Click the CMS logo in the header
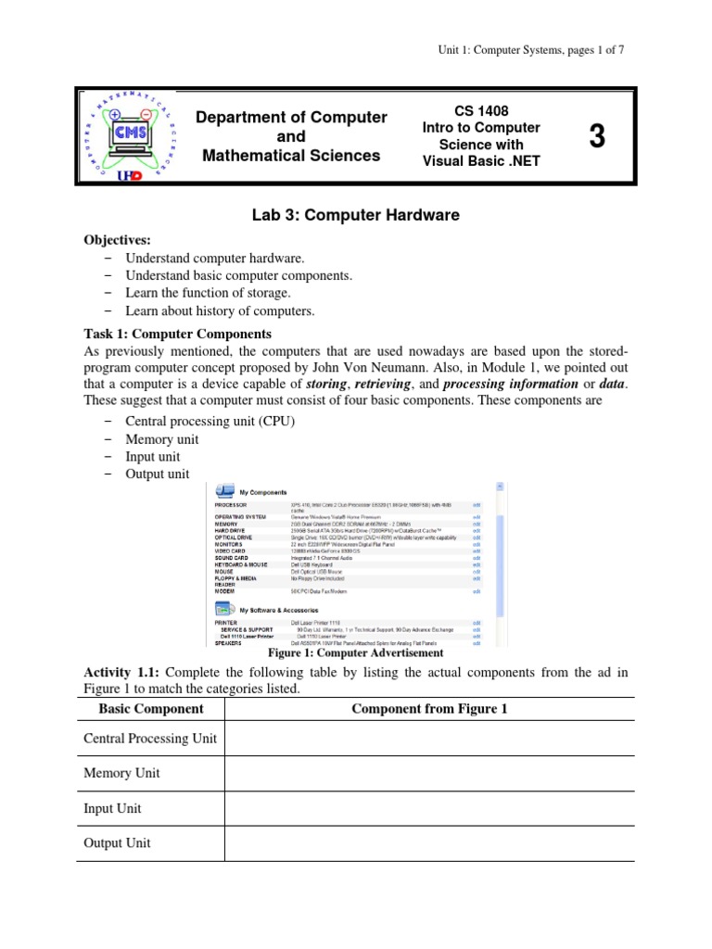tap(129, 135)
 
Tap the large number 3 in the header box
tap(596, 136)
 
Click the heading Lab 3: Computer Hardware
tap(355, 215)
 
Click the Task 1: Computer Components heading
tap(177, 334)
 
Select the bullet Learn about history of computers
tap(220, 310)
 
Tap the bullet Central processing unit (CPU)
tap(210, 422)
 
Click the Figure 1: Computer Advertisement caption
tap(355, 652)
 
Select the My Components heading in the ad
tap(263, 492)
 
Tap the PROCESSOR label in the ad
tap(232, 505)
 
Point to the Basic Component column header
tap(151, 709)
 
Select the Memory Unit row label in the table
tap(121, 773)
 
